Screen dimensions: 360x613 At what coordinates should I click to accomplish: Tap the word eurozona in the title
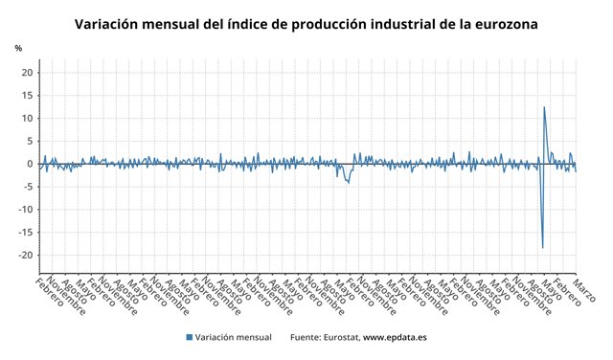point(503,22)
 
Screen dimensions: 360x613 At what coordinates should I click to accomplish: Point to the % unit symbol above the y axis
point(18,48)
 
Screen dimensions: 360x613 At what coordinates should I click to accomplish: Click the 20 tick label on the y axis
point(27,73)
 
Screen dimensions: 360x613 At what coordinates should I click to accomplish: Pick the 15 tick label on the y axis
point(27,96)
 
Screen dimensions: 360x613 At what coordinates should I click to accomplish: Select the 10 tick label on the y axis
point(27,119)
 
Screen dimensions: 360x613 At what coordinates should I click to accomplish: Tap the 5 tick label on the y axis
point(30,142)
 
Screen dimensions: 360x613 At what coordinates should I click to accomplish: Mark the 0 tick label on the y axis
point(30,164)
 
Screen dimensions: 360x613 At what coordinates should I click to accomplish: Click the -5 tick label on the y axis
point(28,187)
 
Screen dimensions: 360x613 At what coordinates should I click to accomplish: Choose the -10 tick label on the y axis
point(26,210)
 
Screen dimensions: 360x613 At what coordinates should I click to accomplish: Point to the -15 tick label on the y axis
point(26,233)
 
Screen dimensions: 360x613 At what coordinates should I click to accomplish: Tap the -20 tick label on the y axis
point(26,256)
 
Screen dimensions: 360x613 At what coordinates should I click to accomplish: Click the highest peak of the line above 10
point(544,107)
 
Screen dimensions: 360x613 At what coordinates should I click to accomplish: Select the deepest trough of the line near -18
point(542,248)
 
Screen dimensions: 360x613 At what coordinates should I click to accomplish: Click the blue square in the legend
point(190,337)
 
